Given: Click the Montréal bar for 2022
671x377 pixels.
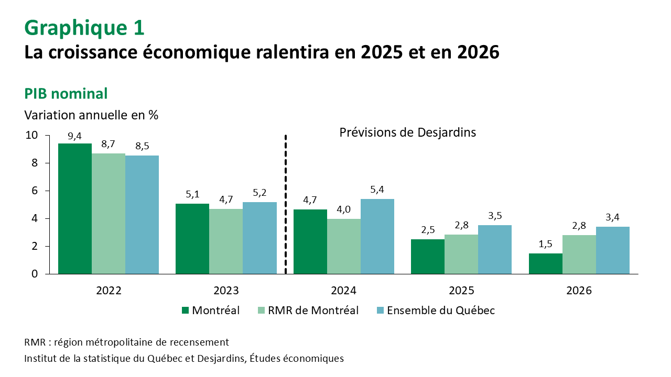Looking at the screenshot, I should pos(75,208).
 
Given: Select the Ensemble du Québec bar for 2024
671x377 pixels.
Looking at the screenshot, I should pos(377,236).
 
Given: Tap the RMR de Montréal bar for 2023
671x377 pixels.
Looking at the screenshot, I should pos(226,241).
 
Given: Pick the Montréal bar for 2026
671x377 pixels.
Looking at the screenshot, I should pos(546,263).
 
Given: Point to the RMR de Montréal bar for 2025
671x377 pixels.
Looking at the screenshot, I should pos(461,254).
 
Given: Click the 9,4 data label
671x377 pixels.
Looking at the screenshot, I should pos(75,137).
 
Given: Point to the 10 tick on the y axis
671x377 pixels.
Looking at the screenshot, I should pos(31,135).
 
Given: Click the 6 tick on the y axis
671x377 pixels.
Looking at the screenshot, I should pos(34,191).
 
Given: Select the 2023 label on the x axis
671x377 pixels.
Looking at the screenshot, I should pos(226,291).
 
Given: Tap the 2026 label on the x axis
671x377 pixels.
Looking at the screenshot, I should pos(579,291).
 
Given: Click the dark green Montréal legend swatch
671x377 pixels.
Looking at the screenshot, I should pos(185,311).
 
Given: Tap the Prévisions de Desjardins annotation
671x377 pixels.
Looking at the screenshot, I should pos(407,132).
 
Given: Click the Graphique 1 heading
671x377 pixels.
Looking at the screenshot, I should pos(84,28).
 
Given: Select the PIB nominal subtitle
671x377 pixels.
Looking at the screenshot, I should pos(66,94).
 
